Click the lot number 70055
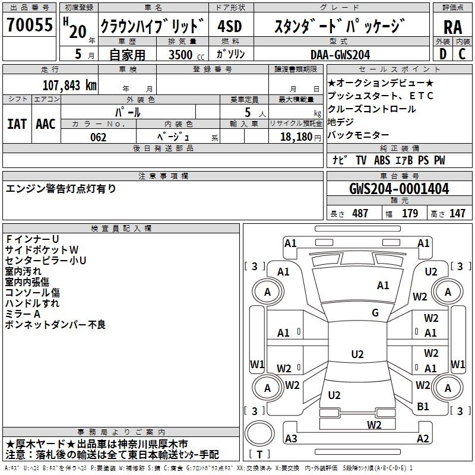coord(29,26)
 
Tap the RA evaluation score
coord(452,27)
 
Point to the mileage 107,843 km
coord(70,85)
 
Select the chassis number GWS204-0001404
coord(399,189)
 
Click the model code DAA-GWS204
coord(340,54)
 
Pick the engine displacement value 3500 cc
coord(182,54)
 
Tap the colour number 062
coord(99,137)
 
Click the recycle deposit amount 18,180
coord(292,137)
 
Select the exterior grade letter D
coord(442,53)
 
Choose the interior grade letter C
coord(462,53)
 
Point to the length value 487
coord(360,213)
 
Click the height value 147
coord(457,213)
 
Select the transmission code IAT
coord(17,123)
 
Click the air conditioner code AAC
coord(46,123)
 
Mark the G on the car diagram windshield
coord(375,313)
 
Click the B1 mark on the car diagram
coord(423,407)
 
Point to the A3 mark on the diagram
coord(291,439)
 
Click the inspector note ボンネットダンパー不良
coord(55,324)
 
